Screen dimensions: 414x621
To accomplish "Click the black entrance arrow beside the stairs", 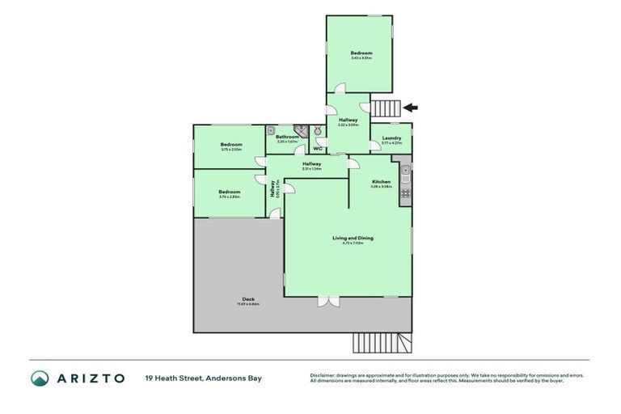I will [410, 107].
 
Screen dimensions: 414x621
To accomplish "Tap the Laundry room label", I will [391, 138].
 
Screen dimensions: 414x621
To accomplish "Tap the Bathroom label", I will [287, 137].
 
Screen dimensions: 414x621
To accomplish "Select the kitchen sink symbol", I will [406, 171].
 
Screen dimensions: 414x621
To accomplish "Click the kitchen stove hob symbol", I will [405, 193].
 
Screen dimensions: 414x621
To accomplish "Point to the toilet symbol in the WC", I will [319, 132].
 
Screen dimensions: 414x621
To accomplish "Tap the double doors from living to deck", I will [329, 301].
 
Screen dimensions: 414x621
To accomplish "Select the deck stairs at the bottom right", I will [382, 343].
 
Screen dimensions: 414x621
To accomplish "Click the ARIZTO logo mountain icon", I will [40, 378].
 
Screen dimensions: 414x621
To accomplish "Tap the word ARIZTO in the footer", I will [89, 378].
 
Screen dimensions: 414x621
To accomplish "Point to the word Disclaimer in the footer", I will [323, 375].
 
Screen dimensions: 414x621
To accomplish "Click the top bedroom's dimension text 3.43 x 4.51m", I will [361, 57].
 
